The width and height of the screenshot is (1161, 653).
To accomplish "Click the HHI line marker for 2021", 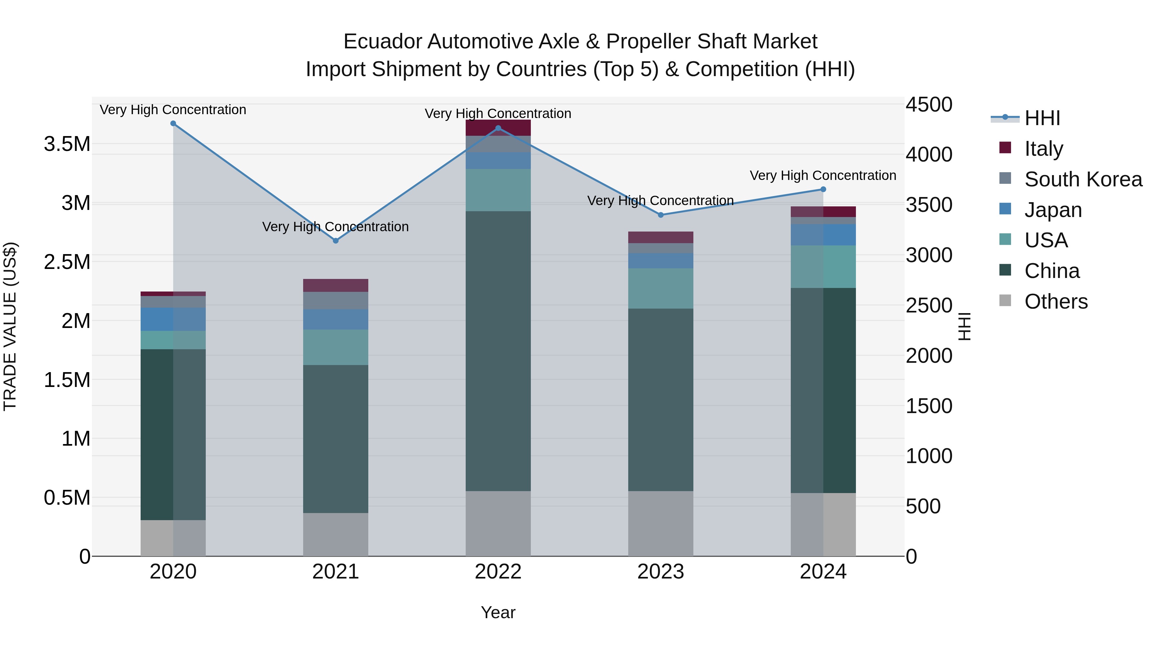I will [x=335, y=241].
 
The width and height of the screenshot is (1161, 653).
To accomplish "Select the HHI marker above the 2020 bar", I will [x=173, y=124].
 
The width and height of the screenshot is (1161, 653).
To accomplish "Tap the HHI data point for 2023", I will [x=661, y=215].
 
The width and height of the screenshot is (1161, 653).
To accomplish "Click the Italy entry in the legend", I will [x=1043, y=149].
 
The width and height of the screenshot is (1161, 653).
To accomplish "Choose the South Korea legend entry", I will [x=1083, y=179].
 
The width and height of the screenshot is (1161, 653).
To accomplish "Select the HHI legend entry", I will [x=1042, y=118].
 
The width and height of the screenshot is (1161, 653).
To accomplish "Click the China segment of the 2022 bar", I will [x=498, y=351].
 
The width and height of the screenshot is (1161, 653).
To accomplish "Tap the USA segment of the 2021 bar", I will [x=335, y=347].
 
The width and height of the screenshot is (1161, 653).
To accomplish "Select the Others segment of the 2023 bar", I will [x=661, y=524].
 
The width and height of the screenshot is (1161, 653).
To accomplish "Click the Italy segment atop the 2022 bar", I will [x=498, y=127].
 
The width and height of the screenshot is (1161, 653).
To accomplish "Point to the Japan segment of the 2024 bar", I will [x=823, y=235].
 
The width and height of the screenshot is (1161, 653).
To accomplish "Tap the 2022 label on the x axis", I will [x=498, y=572].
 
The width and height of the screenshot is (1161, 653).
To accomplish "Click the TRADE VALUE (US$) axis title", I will [x=10, y=326].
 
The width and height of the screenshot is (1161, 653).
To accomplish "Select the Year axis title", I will [x=498, y=612].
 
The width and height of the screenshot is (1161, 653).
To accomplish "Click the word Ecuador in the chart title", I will [x=383, y=42].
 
